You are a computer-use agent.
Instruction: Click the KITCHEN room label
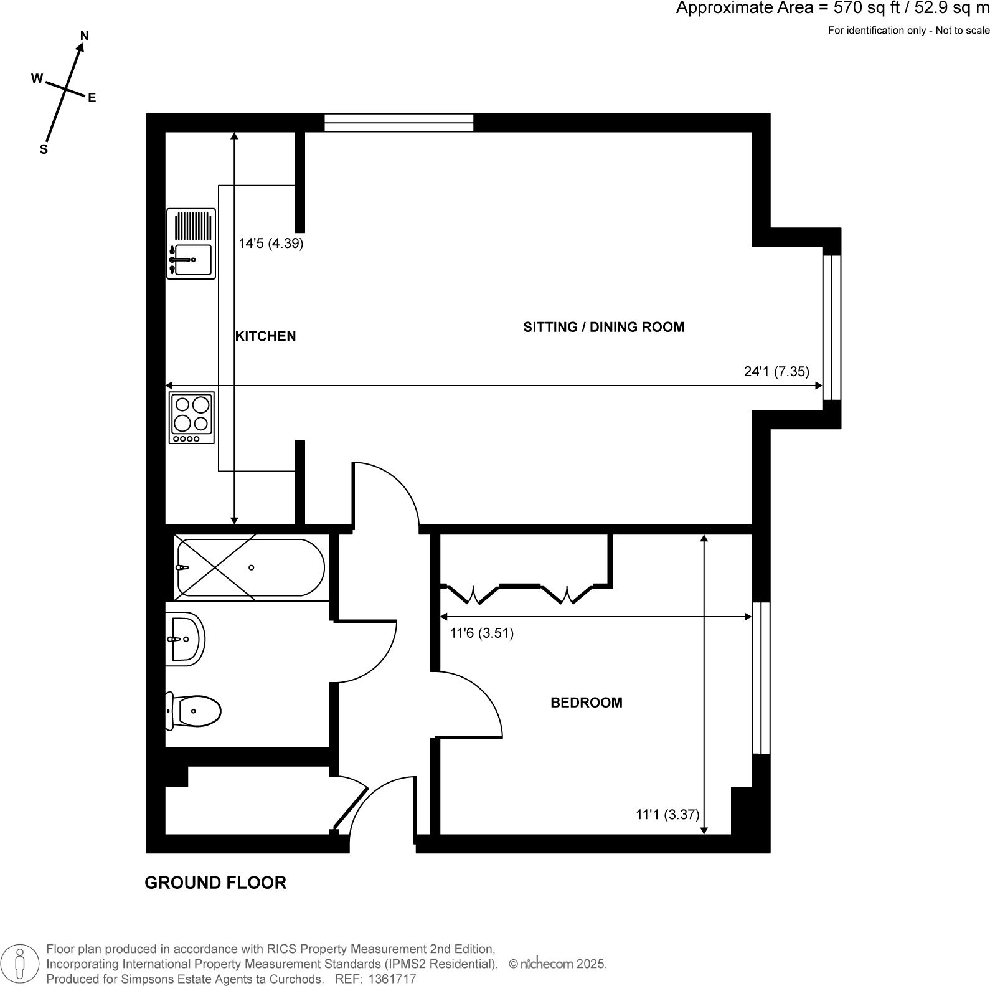(265, 336)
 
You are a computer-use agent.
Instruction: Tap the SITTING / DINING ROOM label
(603, 327)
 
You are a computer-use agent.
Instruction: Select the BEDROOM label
(586, 703)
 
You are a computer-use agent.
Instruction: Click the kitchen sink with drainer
(191, 244)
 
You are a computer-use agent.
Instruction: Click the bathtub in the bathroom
(250, 567)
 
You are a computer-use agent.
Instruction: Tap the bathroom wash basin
(186, 638)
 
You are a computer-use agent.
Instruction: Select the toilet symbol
(195, 711)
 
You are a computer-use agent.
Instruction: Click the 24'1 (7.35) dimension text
(776, 372)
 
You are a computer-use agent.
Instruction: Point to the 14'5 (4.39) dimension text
(271, 244)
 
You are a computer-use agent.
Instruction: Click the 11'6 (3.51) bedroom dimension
(481, 633)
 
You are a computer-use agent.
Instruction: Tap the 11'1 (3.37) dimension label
(667, 814)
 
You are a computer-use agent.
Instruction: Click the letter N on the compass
(85, 36)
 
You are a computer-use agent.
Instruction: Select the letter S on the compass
(44, 149)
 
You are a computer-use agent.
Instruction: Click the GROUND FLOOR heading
(215, 883)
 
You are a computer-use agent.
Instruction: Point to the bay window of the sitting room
(832, 327)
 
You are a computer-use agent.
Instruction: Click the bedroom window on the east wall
(761, 678)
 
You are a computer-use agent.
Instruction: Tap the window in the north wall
(398, 123)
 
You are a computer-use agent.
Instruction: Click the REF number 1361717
(393, 979)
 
